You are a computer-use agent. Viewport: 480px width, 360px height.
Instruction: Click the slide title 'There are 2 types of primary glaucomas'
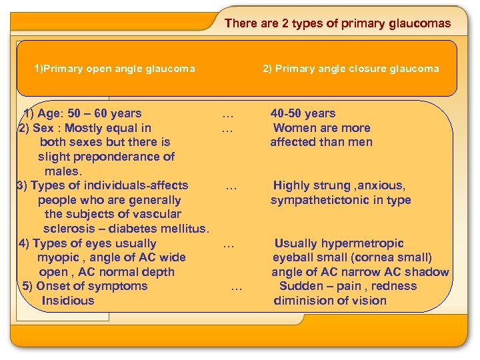[337, 23]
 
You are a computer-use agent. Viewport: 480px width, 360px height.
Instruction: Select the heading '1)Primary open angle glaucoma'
[115, 68]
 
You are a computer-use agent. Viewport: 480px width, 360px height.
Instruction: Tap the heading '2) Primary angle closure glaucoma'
[351, 68]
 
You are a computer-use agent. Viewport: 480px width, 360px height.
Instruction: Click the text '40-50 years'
[303, 113]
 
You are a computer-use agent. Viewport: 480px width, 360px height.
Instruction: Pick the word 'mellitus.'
[183, 229]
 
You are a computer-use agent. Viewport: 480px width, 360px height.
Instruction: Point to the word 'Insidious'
[68, 301]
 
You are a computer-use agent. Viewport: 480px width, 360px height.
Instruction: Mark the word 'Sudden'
[299, 286]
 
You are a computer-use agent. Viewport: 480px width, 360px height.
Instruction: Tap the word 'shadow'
[427, 272]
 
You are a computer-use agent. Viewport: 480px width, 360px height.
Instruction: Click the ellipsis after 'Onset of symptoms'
[236, 286]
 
